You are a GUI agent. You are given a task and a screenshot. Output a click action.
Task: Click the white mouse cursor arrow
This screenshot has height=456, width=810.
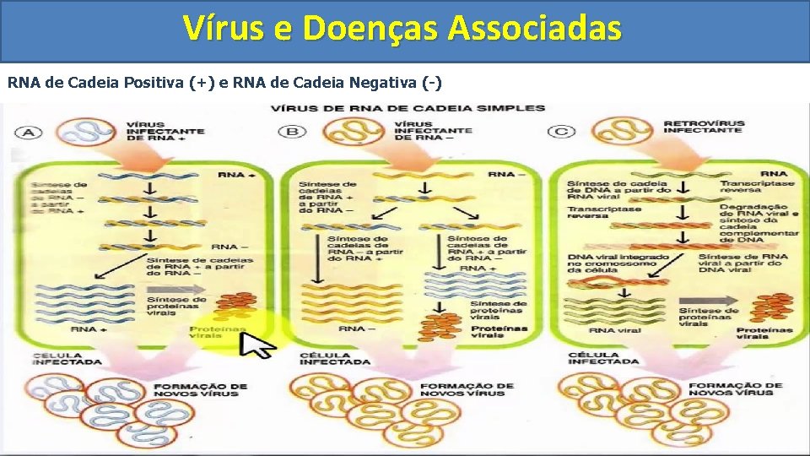click(x=258, y=344)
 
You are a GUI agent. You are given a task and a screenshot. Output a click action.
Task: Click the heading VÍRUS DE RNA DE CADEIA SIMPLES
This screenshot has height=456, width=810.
click(x=408, y=108)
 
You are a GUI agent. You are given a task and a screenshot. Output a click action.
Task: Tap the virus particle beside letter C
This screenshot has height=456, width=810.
click(x=622, y=131)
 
